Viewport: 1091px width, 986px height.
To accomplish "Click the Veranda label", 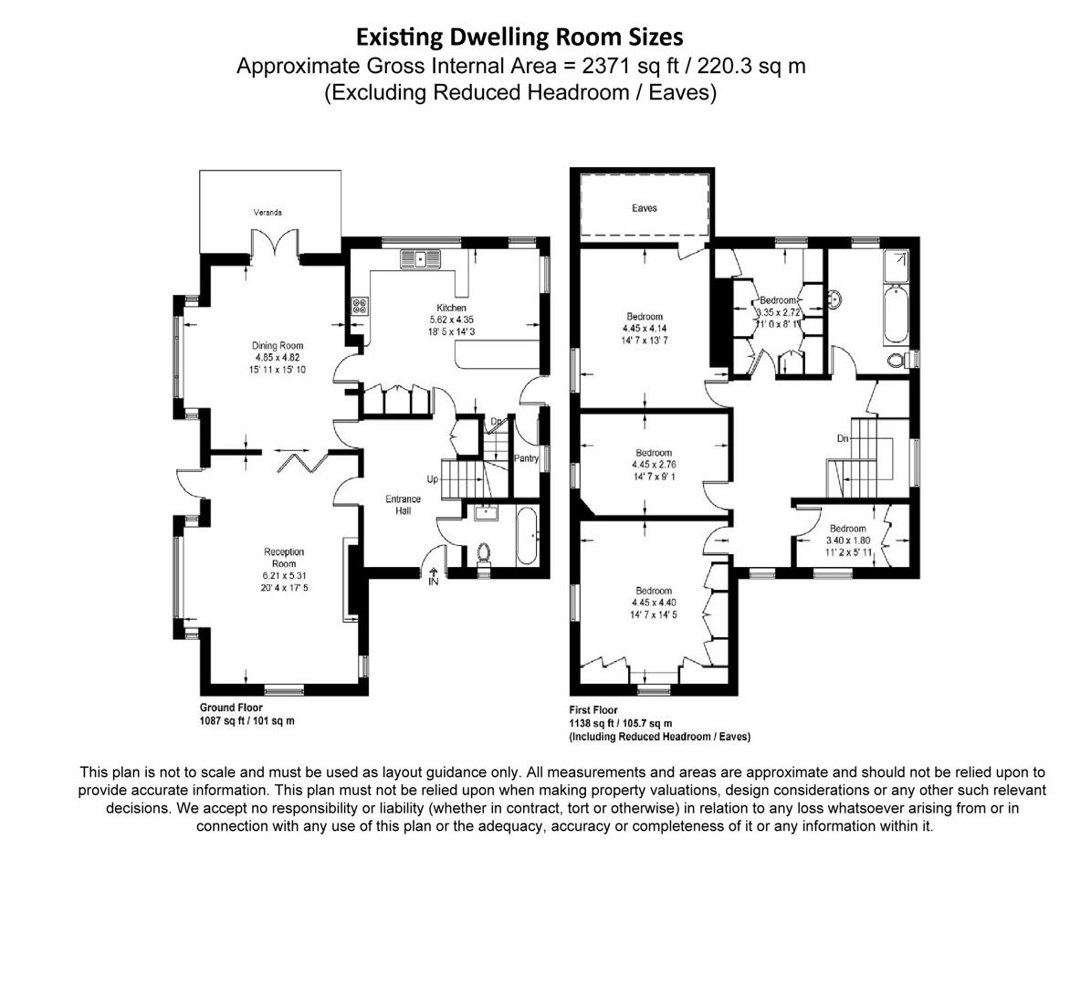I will [x=268, y=213].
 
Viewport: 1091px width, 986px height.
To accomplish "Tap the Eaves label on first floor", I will [x=644, y=208].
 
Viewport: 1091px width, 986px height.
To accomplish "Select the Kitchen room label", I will [x=451, y=309].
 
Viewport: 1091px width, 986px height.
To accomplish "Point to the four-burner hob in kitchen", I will [x=359, y=307].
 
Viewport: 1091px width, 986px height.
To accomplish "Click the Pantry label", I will [x=527, y=458].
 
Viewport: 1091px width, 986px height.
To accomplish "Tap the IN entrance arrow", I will [x=434, y=576].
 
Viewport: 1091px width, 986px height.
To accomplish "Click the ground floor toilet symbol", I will [x=484, y=553].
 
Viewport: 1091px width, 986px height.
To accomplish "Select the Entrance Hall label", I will [x=403, y=505].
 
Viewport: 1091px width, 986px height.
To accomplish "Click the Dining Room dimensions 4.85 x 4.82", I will [x=278, y=358].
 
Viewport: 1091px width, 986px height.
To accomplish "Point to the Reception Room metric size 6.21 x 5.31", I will [x=284, y=576].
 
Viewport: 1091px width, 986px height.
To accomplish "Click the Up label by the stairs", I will [x=432, y=478].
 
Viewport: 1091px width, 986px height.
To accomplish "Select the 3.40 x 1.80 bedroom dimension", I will [x=847, y=540].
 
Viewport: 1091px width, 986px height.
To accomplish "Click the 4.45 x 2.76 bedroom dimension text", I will [x=654, y=465].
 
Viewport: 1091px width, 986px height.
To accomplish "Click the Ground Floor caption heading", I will [x=231, y=708].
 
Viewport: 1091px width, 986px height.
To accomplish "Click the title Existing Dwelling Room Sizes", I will [x=519, y=37].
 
